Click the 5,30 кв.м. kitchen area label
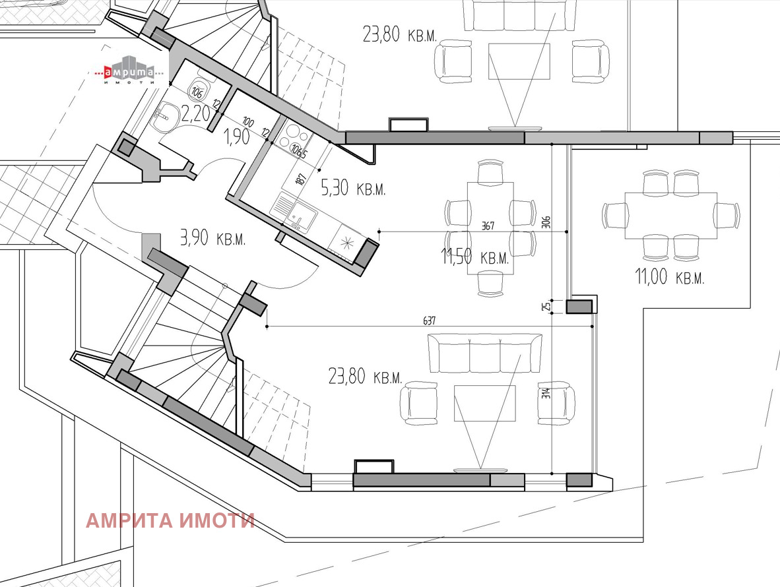[x=353, y=189]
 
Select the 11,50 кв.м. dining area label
[x=475, y=257]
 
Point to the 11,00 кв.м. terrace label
[x=670, y=277]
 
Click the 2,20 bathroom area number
[x=195, y=114]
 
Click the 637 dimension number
[x=430, y=321]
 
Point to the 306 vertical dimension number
[x=546, y=221]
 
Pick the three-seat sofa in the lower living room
[x=485, y=354]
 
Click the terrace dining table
[x=670, y=215]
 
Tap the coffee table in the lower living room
[x=484, y=403]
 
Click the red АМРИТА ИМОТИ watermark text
[x=170, y=520]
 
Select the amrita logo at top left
[x=128, y=73]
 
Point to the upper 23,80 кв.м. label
[x=400, y=34]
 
